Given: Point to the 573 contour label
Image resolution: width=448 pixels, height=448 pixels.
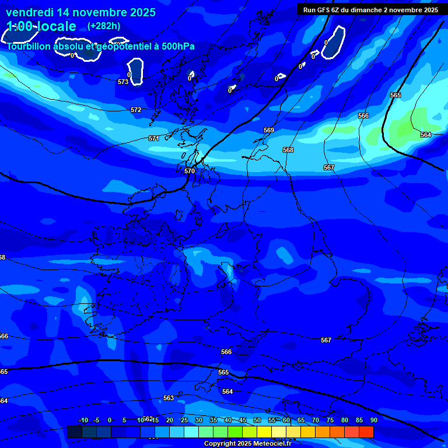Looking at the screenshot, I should click(123, 82).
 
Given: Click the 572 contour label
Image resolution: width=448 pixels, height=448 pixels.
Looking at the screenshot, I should click(136, 110).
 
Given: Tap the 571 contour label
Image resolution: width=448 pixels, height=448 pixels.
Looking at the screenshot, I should click(153, 138).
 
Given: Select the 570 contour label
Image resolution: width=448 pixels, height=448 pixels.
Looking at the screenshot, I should click(190, 171).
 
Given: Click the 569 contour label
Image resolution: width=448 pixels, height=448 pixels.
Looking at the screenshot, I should click(269, 130).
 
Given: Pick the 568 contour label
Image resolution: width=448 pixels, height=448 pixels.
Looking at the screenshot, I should click(288, 150).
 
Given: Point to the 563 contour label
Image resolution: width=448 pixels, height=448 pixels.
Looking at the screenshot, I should click(169, 398).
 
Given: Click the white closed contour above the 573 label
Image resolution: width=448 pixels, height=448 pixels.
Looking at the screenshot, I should click(136, 71).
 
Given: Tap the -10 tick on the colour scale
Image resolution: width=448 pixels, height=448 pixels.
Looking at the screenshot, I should click(83, 421).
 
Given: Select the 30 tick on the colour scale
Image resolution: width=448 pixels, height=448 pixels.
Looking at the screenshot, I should click(199, 421).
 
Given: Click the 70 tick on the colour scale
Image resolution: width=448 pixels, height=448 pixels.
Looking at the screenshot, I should click(316, 421).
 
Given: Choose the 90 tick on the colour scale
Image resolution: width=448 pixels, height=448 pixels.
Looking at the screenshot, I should click(373, 421).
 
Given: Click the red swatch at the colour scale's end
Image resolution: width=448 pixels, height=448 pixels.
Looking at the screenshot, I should click(366, 432).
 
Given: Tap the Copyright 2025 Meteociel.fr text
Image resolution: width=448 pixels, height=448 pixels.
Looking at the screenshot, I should click(247, 444).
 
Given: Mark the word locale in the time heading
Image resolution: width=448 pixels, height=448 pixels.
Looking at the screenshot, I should click(56, 26).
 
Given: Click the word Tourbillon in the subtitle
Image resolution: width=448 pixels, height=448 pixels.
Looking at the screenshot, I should click(29, 47).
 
